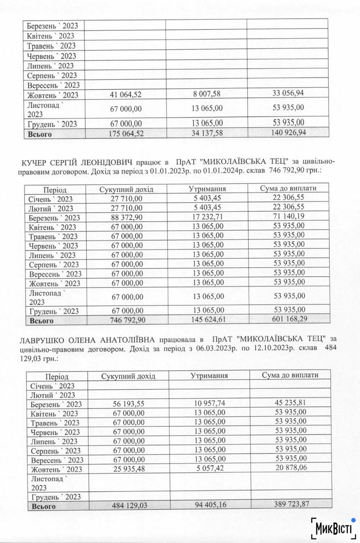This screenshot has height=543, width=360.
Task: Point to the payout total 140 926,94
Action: pyautogui.click(x=288, y=132)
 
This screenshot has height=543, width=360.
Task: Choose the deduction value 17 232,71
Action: pyautogui.click(x=207, y=216)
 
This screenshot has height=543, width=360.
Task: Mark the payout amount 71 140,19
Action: pyautogui.click(x=289, y=216)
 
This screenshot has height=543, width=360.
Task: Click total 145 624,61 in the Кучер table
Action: pyautogui.click(x=208, y=319)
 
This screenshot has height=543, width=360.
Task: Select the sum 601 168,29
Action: pyautogui.click(x=289, y=319)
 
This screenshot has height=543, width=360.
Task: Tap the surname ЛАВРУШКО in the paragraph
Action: pyautogui.click(x=42, y=340)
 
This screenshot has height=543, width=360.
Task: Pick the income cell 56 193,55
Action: pyautogui.click(x=128, y=404)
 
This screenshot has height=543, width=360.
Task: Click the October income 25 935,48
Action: pyautogui.click(x=128, y=469)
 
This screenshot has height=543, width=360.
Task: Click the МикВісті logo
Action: pyautogui.click(x=333, y=529)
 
